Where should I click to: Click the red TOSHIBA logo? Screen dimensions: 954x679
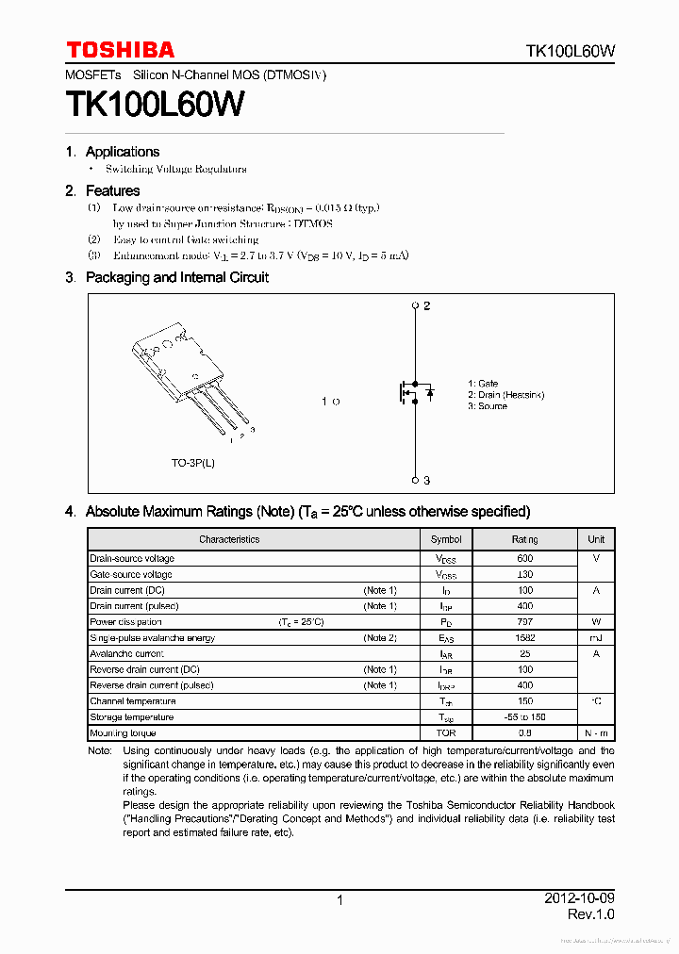(x=120, y=50)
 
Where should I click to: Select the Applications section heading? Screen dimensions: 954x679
(x=123, y=152)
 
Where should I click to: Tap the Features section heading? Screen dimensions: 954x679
(x=112, y=190)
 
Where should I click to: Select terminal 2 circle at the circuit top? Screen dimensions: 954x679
(x=415, y=306)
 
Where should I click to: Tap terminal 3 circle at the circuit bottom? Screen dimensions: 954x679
(x=415, y=480)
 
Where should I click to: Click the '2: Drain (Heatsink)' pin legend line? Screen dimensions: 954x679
(x=505, y=395)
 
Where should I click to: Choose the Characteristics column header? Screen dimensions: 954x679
(x=229, y=539)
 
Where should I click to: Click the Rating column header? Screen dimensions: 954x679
(x=524, y=539)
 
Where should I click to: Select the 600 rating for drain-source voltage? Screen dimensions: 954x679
(x=524, y=558)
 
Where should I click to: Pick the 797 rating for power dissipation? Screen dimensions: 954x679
(x=524, y=622)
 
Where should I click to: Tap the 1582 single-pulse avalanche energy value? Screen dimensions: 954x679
(x=524, y=638)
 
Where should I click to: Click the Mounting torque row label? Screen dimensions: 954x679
(x=123, y=733)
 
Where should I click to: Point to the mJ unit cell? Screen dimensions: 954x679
(x=596, y=638)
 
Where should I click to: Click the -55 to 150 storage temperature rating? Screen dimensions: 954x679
(x=524, y=717)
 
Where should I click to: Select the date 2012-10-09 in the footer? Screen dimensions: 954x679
(x=579, y=897)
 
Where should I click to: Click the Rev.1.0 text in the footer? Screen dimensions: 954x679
(x=590, y=915)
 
